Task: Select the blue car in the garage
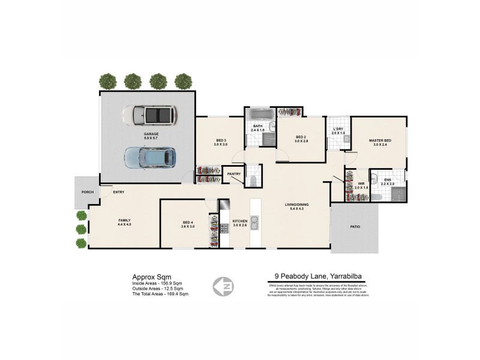[149, 158]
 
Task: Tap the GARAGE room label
[151, 134]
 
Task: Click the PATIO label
[355, 227]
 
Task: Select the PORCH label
[86, 192]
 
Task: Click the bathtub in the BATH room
[260, 114]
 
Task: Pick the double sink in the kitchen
[254, 224]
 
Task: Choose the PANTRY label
[234, 174]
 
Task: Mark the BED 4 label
[188, 223]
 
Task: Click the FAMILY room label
[124, 220]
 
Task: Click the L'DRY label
[337, 130]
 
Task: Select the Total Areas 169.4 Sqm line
[160, 294]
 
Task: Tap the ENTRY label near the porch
[118, 192]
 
